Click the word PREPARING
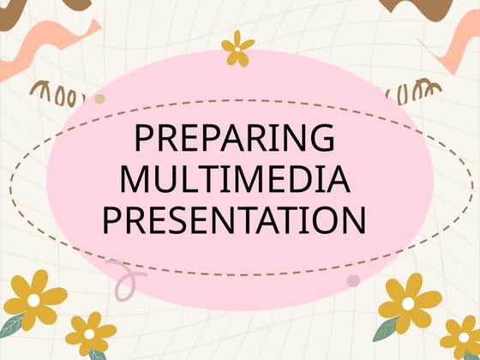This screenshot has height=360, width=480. coord(234,140)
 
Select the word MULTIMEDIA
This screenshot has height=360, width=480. coord(234,179)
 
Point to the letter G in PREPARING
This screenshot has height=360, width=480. coord(321,140)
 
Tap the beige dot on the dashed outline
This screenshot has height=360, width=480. coord(99,99)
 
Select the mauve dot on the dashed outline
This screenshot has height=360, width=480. coord(353,280)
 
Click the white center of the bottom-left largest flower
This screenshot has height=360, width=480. coord(36,302)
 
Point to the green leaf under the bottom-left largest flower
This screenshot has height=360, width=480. coord(14,325)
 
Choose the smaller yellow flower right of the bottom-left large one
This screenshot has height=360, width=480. coord(89,332)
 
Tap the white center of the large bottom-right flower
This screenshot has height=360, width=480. coord(409,302)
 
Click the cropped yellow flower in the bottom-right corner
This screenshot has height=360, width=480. coord(461,336)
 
